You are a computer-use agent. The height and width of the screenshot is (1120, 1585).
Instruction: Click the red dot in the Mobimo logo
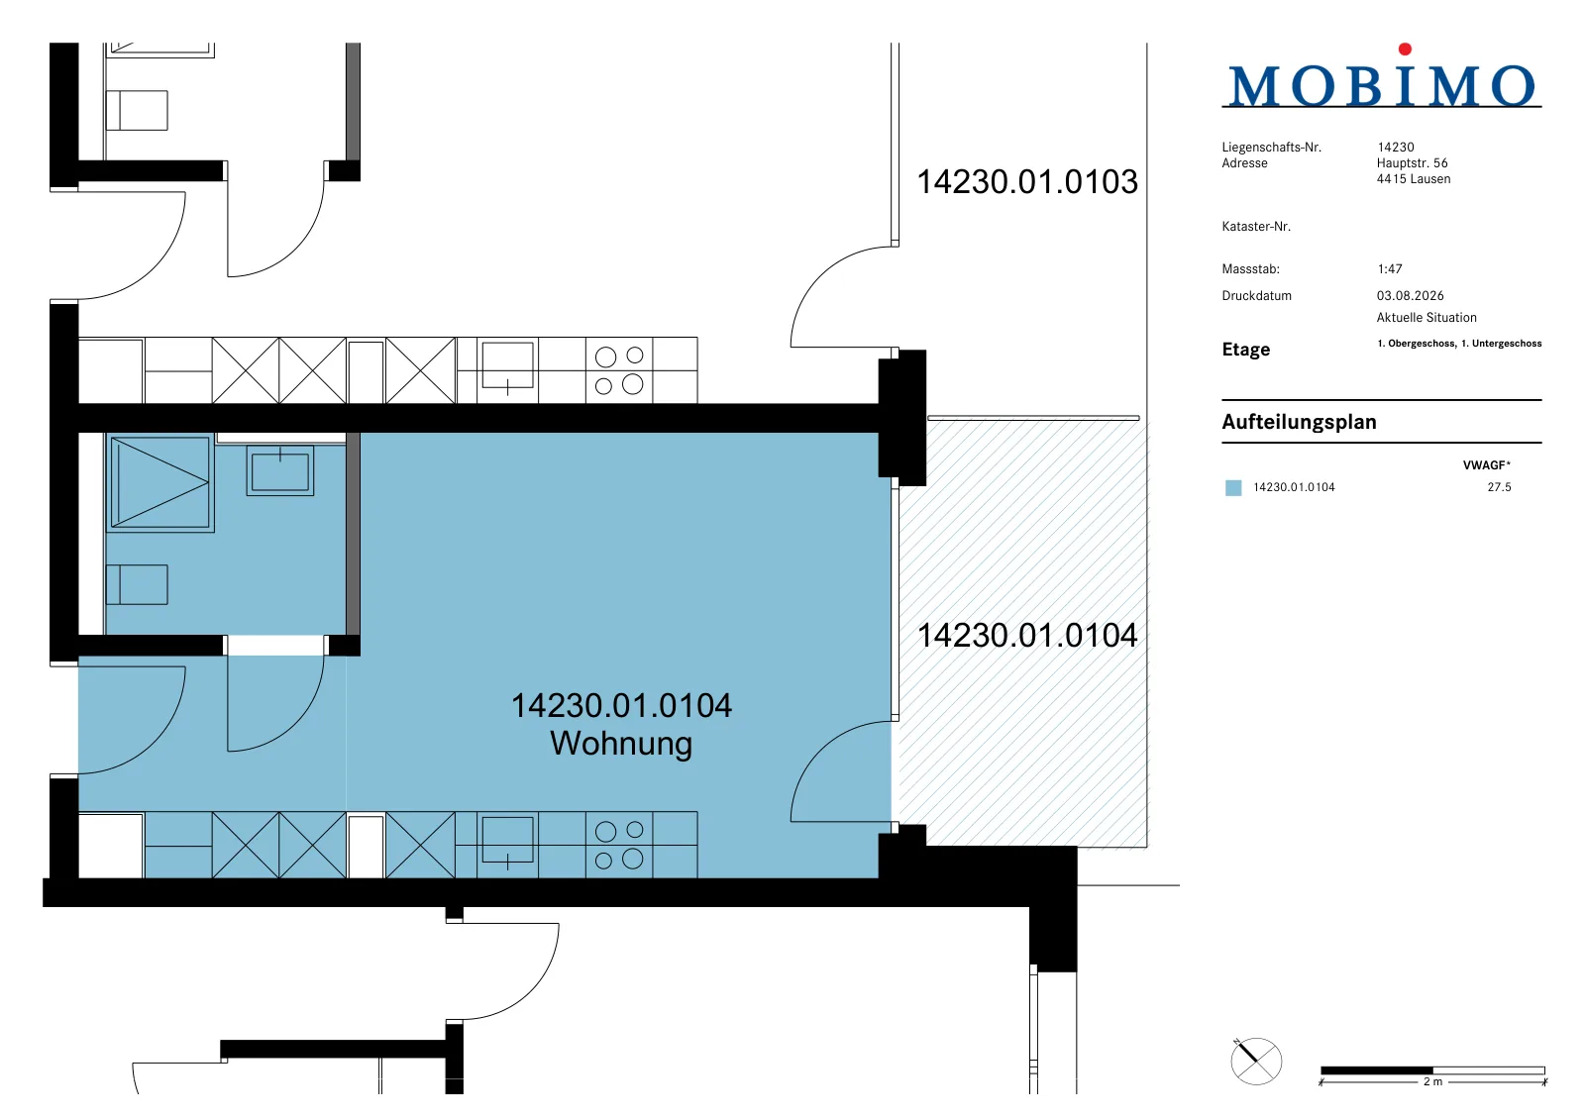coord(1406,49)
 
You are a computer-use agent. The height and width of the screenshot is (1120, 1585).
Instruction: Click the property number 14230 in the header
coord(1396,148)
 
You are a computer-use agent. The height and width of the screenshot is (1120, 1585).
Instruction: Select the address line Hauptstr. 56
coord(1413,162)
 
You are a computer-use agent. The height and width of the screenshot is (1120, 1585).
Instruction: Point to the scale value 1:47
coord(1390,268)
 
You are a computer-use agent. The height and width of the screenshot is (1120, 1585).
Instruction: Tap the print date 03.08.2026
coord(1411,296)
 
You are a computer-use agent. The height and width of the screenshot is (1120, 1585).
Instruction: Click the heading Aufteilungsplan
coord(1299,422)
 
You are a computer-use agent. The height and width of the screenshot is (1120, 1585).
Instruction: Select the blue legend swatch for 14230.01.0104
coord(1233,487)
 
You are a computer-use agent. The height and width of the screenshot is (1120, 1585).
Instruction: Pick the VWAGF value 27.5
coord(1500,487)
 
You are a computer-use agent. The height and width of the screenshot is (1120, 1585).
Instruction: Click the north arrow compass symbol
coord(1256,1061)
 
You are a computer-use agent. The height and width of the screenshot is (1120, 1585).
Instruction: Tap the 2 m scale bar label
coord(1432,1081)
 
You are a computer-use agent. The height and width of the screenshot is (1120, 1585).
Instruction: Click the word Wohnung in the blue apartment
coord(621,744)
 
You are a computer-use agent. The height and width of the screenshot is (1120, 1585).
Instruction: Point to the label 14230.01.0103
coord(1027,182)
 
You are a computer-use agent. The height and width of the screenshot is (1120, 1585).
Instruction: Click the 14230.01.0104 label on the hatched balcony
coord(1027,636)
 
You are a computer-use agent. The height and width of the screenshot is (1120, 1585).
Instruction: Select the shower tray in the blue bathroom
coord(160,482)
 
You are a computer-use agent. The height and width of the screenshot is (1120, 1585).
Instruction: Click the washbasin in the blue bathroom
coord(280,470)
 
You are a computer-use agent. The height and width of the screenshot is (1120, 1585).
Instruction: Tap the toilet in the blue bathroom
coord(137,584)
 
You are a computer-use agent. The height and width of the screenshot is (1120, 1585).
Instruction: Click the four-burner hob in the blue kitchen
coord(619,844)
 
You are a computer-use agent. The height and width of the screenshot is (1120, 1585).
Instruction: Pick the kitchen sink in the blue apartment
coord(507,840)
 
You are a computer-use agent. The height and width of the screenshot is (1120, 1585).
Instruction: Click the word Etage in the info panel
coord(1246,350)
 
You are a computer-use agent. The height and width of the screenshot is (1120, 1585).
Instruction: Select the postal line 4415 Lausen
coord(1414,179)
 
